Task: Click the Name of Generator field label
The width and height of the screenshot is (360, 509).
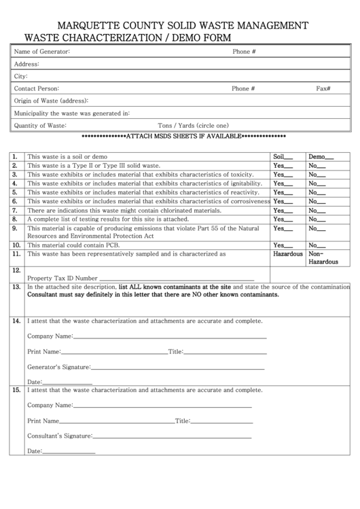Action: click(x=42, y=52)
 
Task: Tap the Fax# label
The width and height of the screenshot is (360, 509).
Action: click(x=323, y=88)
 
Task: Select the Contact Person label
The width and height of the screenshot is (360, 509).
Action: click(x=37, y=88)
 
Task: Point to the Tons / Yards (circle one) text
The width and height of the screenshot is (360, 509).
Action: click(x=193, y=125)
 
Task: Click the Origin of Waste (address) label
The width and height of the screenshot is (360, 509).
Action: click(x=52, y=101)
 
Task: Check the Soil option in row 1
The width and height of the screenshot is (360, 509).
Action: click(x=283, y=156)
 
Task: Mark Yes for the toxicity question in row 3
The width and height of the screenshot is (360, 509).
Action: click(x=283, y=175)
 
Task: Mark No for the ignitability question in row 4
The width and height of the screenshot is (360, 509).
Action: click(x=317, y=183)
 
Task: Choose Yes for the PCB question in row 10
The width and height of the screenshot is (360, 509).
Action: click(x=283, y=245)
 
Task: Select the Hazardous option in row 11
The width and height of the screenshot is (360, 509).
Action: click(x=287, y=253)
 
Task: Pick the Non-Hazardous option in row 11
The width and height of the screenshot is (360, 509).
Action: click(x=323, y=258)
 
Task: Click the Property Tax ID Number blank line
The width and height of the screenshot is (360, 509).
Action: click(x=177, y=278)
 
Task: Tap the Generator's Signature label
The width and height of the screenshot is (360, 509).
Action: click(x=58, y=367)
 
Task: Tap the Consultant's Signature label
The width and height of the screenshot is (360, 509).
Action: click(x=59, y=436)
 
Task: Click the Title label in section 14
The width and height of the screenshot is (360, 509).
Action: click(x=175, y=352)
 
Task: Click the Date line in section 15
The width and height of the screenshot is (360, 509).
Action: click(x=69, y=451)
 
